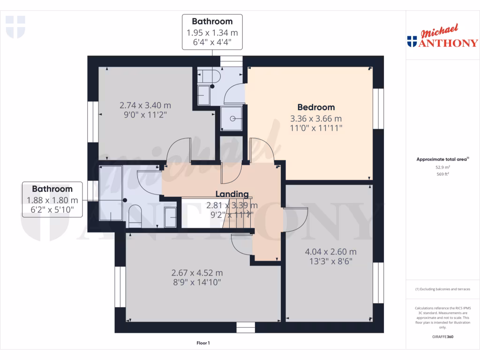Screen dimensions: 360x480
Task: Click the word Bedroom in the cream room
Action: pyautogui.click(x=316, y=107)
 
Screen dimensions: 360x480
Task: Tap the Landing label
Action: pyautogui.click(x=232, y=194)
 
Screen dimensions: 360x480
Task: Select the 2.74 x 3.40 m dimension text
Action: pyautogui.click(x=145, y=105)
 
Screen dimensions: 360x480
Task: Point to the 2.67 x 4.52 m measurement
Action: pyautogui.click(x=197, y=273)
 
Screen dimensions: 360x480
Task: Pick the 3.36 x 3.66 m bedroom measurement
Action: pyautogui.click(x=316, y=119)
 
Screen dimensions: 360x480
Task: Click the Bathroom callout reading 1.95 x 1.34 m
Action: pyautogui.click(x=212, y=32)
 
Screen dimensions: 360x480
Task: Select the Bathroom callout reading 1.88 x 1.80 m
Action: pyautogui.click(x=52, y=200)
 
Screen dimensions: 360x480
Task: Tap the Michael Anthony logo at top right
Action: pyautogui.click(x=442, y=37)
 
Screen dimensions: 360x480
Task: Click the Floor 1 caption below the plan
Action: pyautogui.click(x=203, y=343)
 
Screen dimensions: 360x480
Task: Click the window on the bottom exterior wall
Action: pyautogui.click(x=245, y=327)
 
